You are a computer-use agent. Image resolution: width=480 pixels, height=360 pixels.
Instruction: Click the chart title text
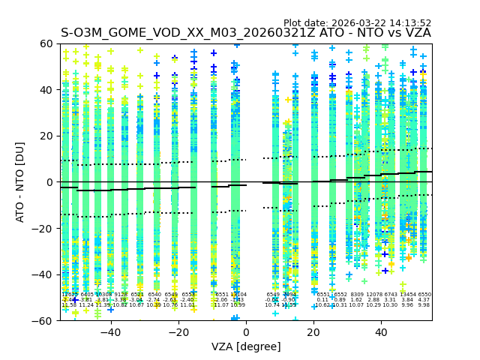[x=246, y=33]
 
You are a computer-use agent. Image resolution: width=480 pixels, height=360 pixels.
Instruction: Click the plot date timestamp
[x=357, y=23]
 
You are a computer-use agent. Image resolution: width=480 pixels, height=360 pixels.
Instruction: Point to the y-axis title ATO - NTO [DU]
[x=21, y=182]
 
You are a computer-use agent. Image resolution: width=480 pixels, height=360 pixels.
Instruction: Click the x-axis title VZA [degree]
[x=246, y=346]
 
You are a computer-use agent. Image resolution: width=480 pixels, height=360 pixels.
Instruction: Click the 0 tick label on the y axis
[x=51, y=182]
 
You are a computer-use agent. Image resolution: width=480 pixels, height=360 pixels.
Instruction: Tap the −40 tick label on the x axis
[x=110, y=331]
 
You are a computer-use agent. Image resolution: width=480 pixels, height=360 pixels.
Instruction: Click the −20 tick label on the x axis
[x=178, y=331]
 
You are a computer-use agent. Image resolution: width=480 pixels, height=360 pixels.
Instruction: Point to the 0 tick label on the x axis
[x=246, y=331]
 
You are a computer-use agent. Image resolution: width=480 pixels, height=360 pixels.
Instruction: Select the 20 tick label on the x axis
[x=313, y=331]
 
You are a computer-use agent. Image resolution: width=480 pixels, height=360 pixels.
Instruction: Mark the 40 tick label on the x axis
[x=381, y=331]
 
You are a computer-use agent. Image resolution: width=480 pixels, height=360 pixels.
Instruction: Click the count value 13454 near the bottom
[x=407, y=295]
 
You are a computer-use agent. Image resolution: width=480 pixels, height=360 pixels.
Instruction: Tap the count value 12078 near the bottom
[x=373, y=295]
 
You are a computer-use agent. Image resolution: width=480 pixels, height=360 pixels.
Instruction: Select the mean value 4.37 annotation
[x=424, y=300]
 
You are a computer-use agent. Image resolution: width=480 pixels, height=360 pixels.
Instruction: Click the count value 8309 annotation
[x=357, y=295]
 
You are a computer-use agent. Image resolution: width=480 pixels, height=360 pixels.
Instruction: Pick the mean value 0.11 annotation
[x=323, y=300]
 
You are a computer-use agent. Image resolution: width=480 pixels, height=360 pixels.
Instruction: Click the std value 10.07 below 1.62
[x=357, y=305]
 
